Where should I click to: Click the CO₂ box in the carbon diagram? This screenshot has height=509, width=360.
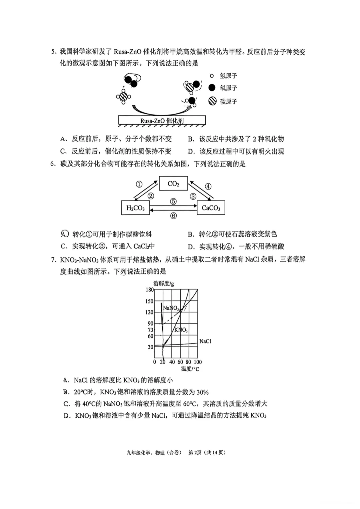[173, 184]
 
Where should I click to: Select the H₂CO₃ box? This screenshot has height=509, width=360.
[135, 208]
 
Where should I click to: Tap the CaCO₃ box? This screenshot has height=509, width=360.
[211, 208]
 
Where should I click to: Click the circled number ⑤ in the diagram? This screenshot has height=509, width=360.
[173, 202]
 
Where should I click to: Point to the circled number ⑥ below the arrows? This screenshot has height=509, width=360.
[173, 216]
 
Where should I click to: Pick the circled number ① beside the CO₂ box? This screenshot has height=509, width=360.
[139, 184]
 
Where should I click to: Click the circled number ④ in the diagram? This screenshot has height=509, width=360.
[208, 186]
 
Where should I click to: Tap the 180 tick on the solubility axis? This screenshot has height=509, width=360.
[150, 290]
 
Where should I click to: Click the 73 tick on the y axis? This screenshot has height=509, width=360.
[151, 330]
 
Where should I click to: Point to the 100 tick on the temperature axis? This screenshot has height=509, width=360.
[198, 362]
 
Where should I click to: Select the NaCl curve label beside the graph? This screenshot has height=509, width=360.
[205, 341]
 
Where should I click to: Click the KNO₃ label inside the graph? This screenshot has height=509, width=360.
[181, 330]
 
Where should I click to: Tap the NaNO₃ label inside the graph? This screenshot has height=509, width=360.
[171, 308]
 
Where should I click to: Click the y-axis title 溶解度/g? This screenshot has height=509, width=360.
[163, 283]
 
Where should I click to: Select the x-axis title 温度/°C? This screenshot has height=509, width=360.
[190, 369]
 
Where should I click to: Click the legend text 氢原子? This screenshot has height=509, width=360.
[228, 76]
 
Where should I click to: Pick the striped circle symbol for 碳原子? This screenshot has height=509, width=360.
[212, 101]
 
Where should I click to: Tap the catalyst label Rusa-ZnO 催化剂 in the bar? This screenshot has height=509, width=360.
[162, 121]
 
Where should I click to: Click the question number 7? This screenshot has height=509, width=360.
[53, 259]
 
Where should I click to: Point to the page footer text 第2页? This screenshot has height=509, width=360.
[195, 452]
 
